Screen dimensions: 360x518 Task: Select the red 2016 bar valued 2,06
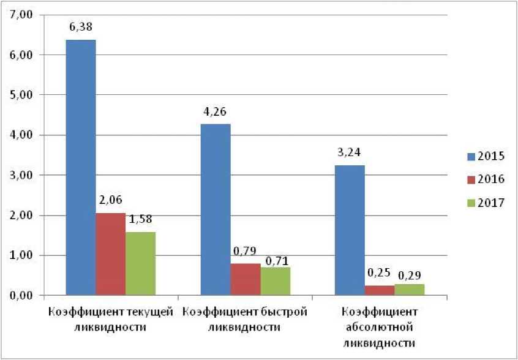(x=110, y=254)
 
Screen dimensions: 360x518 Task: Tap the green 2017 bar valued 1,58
(x=140, y=263)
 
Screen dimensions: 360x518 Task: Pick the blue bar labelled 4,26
(x=216, y=209)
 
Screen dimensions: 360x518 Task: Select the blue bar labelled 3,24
(x=350, y=230)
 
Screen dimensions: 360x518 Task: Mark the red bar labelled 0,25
(x=380, y=290)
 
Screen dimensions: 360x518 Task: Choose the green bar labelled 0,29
(x=409, y=290)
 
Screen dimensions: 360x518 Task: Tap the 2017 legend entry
(x=484, y=203)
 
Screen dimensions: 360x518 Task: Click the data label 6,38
(x=81, y=26)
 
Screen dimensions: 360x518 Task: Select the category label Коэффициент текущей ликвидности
(x=110, y=319)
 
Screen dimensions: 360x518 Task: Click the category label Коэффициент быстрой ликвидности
(x=245, y=319)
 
